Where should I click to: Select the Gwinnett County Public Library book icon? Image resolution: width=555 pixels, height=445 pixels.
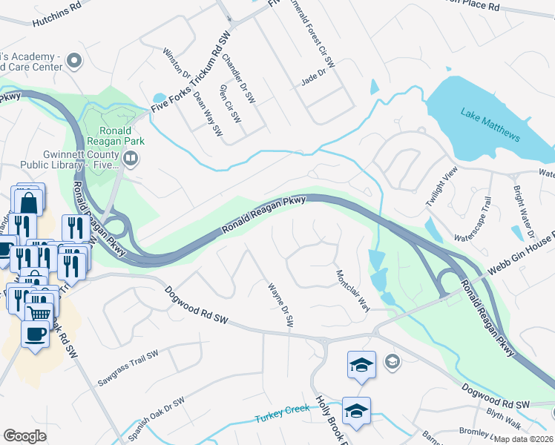(x=131, y=157)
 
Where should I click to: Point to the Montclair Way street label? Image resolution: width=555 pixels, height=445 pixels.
(x=352, y=291)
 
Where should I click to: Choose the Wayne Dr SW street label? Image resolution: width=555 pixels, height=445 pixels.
(x=281, y=304)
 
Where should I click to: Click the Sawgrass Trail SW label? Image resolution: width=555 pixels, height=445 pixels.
(x=128, y=369)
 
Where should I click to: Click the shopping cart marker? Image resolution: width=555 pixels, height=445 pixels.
(x=39, y=312)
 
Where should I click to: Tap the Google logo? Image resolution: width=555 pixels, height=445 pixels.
(x=24, y=435)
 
